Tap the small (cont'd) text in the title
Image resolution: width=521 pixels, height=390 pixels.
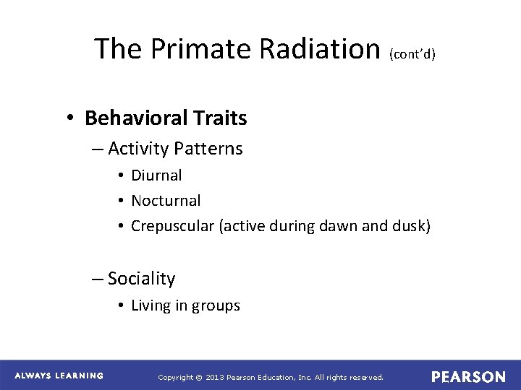[412, 54]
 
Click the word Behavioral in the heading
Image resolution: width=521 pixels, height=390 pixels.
[135, 118]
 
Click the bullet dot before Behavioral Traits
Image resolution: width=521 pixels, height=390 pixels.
[73, 118]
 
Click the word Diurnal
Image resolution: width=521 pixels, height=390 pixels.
[156, 175]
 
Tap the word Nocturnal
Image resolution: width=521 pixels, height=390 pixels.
[166, 201]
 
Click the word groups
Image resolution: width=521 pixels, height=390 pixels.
[216, 305]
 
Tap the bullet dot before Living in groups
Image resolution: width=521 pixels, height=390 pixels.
[122, 306]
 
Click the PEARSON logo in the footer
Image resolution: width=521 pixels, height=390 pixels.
[468, 377]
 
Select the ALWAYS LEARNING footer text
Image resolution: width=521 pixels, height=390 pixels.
[59, 376]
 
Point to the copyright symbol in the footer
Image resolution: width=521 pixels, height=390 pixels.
[200, 377]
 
